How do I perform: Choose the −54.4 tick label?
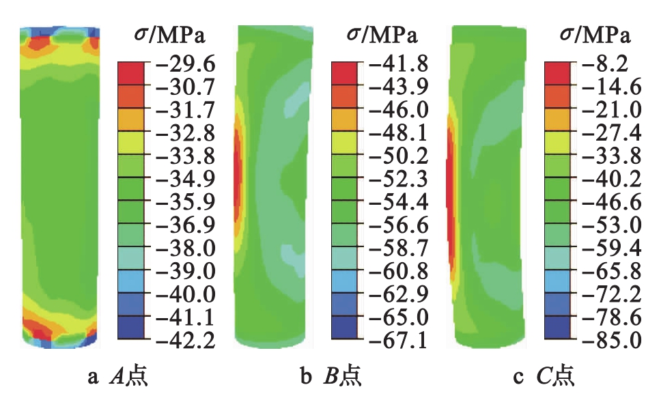coord(395,202)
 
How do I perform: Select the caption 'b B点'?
coord(333,376)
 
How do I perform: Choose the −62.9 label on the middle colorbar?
coord(395,294)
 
